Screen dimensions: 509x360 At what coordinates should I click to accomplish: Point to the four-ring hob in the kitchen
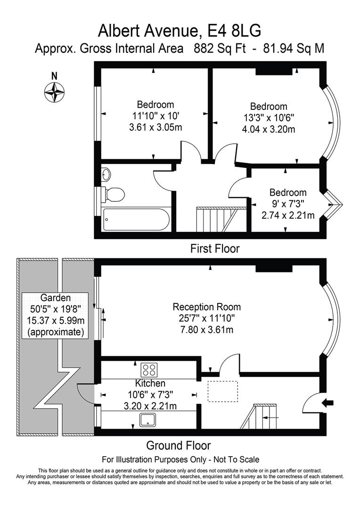click(x=150, y=369)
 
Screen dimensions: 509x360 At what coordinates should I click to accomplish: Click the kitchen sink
click(x=149, y=420)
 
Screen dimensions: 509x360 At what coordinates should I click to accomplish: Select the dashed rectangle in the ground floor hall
click(x=223, y=391)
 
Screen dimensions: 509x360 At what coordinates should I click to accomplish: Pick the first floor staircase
click(x=216, y=220)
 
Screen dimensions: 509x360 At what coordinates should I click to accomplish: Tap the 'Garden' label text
click(x=55, y=298)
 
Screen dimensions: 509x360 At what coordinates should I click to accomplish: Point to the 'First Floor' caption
click(x=214, y=248)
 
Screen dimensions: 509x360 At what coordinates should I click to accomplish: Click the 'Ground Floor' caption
click(x=178, y=445)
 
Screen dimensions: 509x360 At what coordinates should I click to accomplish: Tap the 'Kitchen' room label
click(x=150, y=384)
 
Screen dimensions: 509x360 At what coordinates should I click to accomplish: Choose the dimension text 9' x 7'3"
click(x=287, y=204)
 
